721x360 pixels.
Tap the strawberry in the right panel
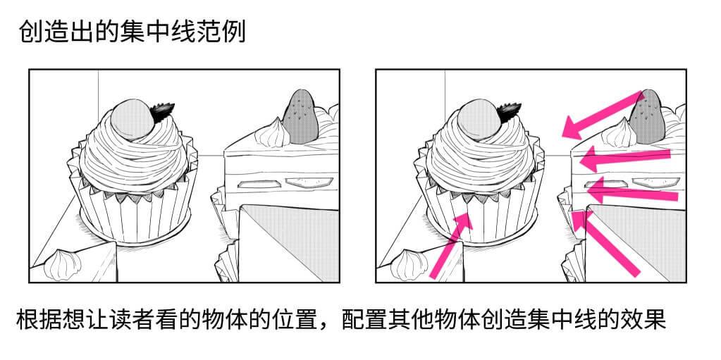pos(648,114)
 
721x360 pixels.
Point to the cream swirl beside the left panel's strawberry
pos(272,132)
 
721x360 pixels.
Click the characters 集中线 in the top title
pos(151,32)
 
